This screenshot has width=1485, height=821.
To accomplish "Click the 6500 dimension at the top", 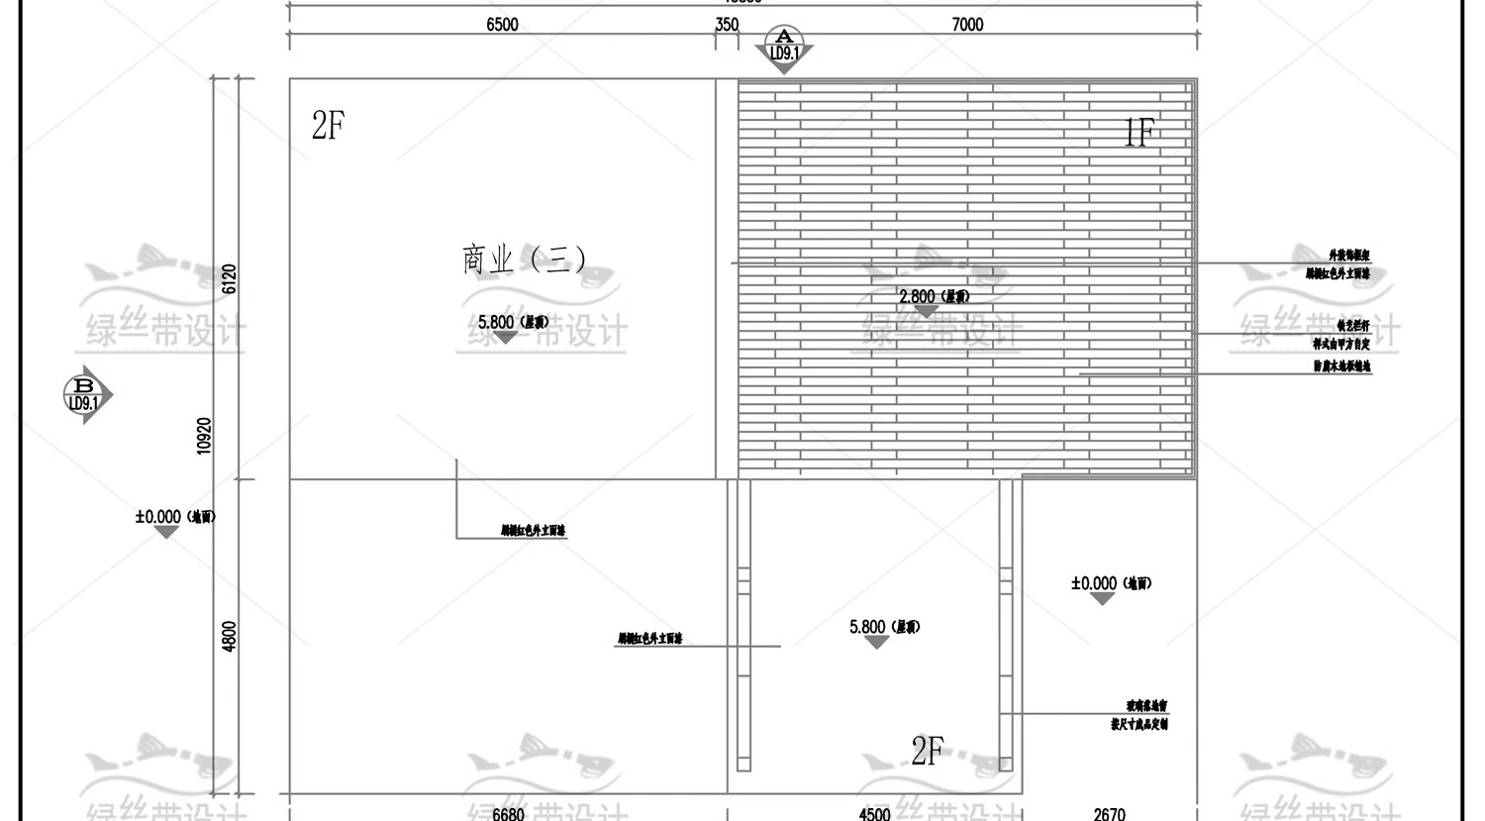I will click(x=502, y=25).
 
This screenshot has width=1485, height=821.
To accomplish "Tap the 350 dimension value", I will click(x=727, y=25).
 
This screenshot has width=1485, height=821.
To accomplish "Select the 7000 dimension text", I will click(x=967, y=25).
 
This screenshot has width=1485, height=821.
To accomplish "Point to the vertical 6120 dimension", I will click(x=230, y=278).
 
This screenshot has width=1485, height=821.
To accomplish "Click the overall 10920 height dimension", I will click(x=204, y=436).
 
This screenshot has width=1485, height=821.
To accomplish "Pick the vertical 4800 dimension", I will click(x=230, y=636).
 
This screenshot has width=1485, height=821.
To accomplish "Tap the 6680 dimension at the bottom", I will click(x=508, y=813).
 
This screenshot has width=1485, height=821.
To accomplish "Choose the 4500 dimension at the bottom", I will click(x=874, y=813).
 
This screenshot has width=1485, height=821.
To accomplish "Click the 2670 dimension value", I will click(x=1109, y=813).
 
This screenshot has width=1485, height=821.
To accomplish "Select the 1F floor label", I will click(x=1138, y=132).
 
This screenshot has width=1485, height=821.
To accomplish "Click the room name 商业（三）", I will click(x=524, y=259).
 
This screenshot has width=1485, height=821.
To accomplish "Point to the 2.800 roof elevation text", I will click(x=934, y=296).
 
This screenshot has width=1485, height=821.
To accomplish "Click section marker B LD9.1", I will click(x=85, y=395).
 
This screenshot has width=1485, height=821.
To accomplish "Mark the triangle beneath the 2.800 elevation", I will click(x=926, y=312).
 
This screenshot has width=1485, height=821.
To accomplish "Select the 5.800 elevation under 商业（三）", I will click(x=513, y=322).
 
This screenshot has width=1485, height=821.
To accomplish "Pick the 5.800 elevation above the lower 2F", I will click(x=884, y=627).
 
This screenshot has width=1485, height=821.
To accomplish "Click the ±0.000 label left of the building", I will click(x=174, y=516).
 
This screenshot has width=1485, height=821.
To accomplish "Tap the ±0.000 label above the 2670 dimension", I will click(x=1111, y=583).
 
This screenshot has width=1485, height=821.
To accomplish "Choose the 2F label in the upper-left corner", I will click(x=328, y=126).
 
